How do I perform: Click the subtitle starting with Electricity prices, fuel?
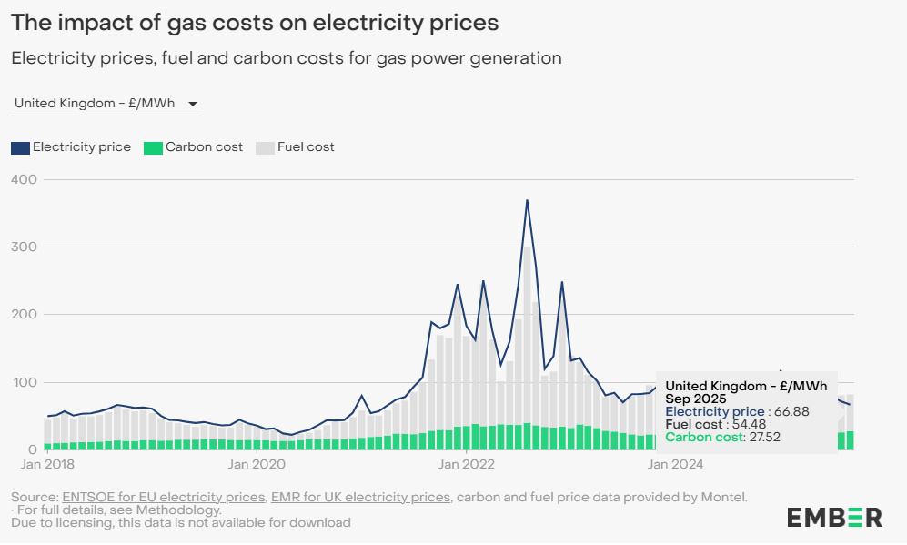[x=286, y=58]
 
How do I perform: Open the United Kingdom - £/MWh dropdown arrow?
[x=193, y=104]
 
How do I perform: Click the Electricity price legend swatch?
[x=20, y=147]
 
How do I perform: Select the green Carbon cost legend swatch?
[x=153, y=147]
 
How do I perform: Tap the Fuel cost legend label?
[x=306, y=147]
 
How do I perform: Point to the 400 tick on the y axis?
[x=25, y=179]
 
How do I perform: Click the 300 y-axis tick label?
[x=25, y=247]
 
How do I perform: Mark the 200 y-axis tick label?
[x=25, y=314]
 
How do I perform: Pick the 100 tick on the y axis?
[x=25, y=382]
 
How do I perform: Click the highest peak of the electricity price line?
[x=527, y=200]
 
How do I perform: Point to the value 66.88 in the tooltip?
[x=792, y=412]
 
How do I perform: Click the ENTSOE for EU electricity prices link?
[x=165, y=497]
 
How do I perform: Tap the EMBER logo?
[x=834, y=518]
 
